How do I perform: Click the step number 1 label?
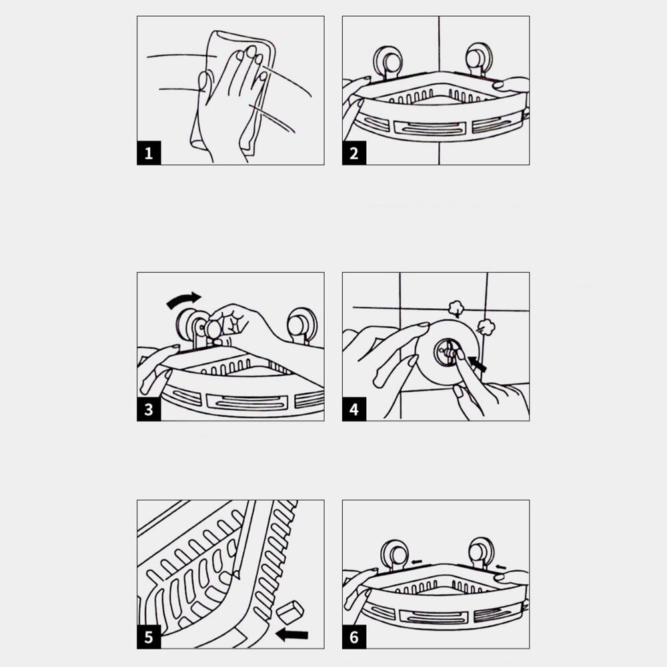coord(149,153)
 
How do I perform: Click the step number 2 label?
coord(354,153)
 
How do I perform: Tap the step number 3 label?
coord(149,410)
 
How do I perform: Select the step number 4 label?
coord(354,410)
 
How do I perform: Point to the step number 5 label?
coord(149,637)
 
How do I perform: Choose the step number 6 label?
coord(354,637)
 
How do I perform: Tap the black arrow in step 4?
coord(477,364)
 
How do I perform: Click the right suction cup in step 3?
coord(301,326)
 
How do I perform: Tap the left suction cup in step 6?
coord(395,554)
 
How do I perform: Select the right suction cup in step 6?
coord(481,552)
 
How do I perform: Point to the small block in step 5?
coord(289,612)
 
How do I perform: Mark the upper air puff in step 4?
coord(456,307)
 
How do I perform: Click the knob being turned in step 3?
coord(213,329)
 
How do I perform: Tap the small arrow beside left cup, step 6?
coord(416,562)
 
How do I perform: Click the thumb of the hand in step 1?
coord(203,82)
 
